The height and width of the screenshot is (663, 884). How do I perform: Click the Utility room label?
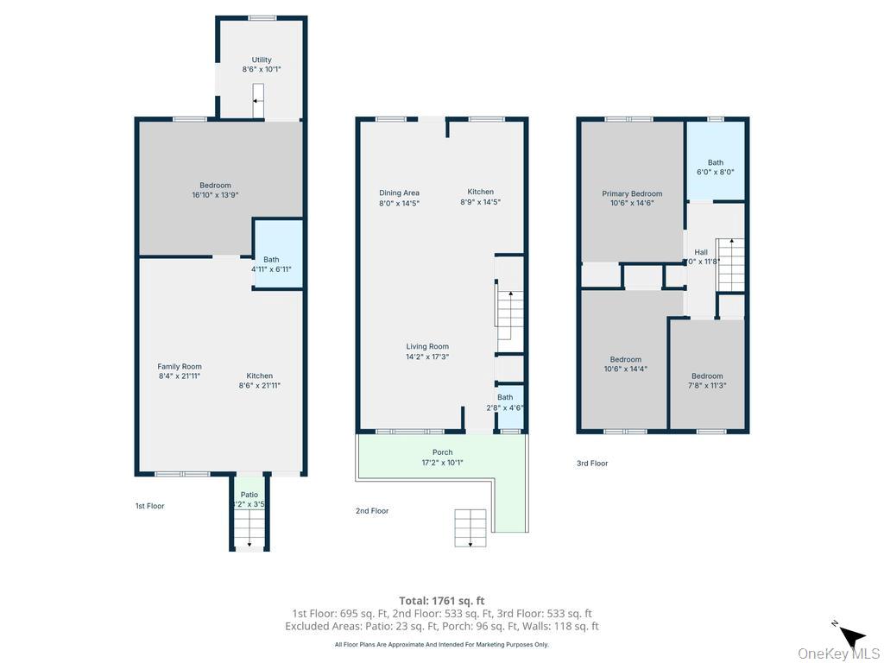[x=262, y=60]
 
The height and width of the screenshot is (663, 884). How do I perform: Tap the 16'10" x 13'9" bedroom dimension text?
[x=215, y=196]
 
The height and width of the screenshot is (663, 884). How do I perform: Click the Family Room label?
[x=180, y=367]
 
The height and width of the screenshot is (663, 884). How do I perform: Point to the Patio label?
[x=249, y=495]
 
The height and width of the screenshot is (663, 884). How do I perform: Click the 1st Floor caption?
[x=149, y=506]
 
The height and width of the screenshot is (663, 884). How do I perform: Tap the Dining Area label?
[x=399, y=193]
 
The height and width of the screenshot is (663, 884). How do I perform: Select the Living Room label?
[x=427, y=347]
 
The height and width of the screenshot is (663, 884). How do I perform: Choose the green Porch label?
[x=442, y=452]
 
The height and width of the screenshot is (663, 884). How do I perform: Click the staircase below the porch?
[x=470, y=527]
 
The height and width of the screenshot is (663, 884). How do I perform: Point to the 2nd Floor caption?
[x=372, y=511]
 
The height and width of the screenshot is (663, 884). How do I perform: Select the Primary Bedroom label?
[x=632, y=194]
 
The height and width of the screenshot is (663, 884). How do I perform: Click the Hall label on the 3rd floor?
[x=701, y=252]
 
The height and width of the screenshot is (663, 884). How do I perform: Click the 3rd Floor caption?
[x=592, y=464]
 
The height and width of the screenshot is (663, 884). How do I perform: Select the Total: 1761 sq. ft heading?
[x=441, y=601]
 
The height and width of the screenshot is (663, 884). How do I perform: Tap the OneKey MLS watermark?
[x=837, y=654]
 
